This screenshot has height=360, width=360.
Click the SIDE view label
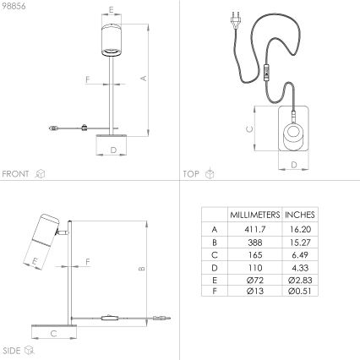12,349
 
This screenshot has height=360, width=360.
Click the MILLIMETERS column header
254,215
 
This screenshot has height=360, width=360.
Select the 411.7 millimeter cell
254,229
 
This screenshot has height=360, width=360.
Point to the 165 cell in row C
254,254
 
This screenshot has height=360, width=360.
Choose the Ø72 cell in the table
254,278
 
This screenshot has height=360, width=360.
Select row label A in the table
214,229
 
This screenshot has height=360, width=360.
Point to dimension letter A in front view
144,78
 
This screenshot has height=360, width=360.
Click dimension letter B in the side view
144,269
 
